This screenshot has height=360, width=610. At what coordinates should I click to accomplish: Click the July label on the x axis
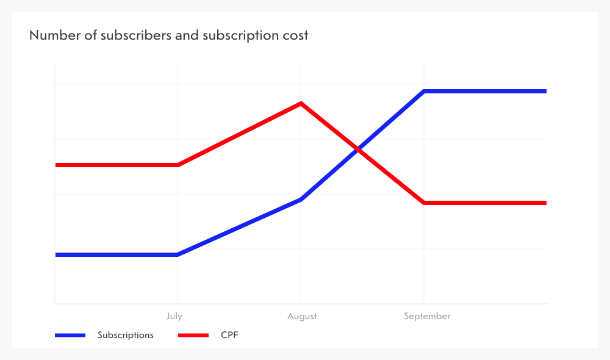pos(174,316)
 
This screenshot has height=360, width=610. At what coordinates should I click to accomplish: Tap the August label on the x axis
pos(303,316)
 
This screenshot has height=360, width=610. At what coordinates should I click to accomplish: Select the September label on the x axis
pos(427,316)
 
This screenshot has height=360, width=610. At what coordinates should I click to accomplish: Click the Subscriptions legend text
pos(126,335)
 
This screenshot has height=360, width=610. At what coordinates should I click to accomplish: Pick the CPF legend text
pos(229,335)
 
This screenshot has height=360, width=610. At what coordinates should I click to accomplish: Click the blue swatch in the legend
pos(70,335)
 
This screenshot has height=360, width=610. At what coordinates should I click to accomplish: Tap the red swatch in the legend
pos(193,335)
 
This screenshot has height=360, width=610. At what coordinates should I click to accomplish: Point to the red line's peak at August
pos(301,104)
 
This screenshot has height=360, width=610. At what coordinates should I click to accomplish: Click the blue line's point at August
pos(301,200)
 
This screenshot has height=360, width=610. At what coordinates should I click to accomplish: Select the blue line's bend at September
pos(423,92)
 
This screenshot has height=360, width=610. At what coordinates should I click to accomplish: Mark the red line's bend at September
pos(423,203)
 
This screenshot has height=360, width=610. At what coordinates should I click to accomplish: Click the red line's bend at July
pos(178,165)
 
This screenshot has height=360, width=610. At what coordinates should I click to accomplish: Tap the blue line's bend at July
pos(178,254)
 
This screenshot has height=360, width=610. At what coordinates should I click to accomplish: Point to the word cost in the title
pos(295,35)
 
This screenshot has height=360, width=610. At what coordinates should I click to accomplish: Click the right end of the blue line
pos(545,92)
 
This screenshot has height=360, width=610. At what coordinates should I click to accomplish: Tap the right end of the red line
pos(545,203)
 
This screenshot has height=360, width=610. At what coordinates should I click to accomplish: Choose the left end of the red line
pos(56,165)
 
